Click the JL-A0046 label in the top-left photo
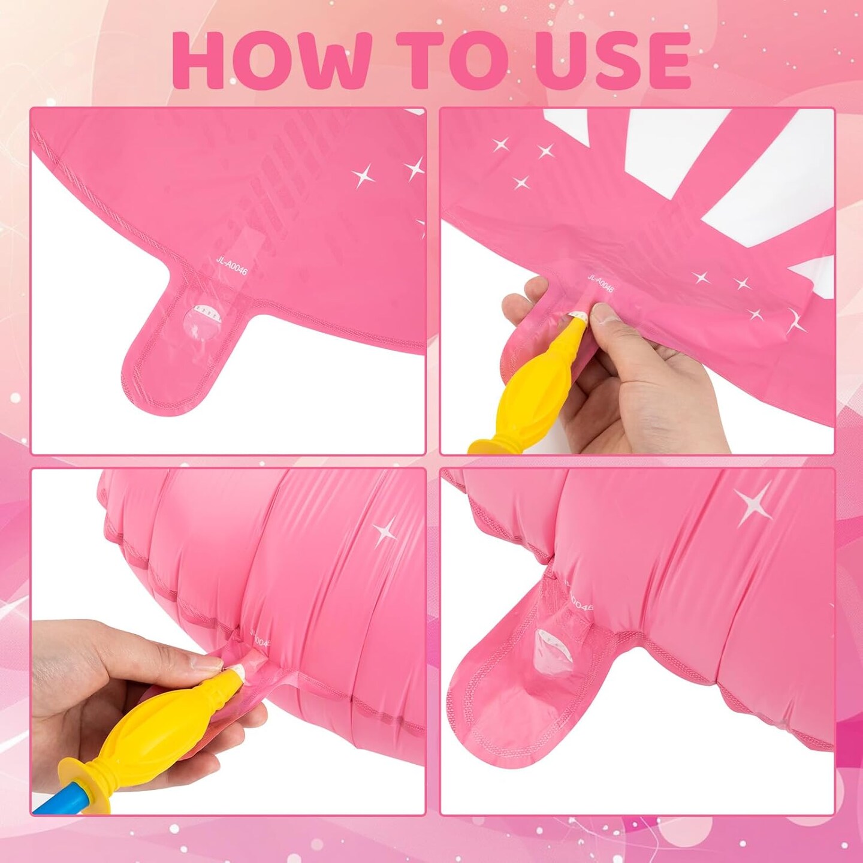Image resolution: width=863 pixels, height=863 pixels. pyautogui.click(x=231, y=264)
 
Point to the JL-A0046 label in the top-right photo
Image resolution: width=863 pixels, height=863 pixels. pyautogui.click(x=601, y=283)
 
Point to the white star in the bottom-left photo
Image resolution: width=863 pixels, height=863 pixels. pyautogui.click(x=385, y=532)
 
